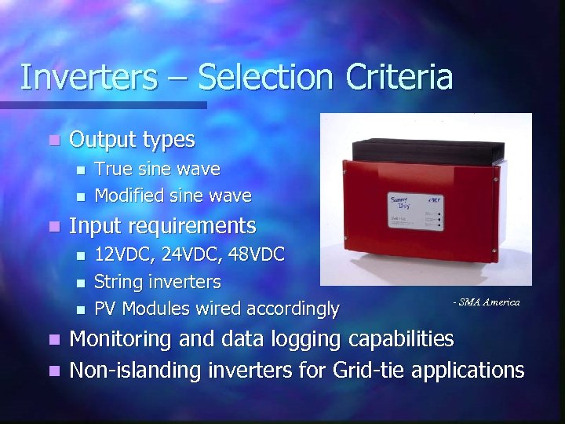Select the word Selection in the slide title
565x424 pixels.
(262, 78)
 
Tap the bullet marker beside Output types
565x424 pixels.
(53, 141)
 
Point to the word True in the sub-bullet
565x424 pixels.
(111, 169)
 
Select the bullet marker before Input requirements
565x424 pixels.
(53, 227)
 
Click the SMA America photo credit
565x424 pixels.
(486, 302)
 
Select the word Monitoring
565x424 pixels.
(122, 339)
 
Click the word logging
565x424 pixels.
(297, 340)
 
